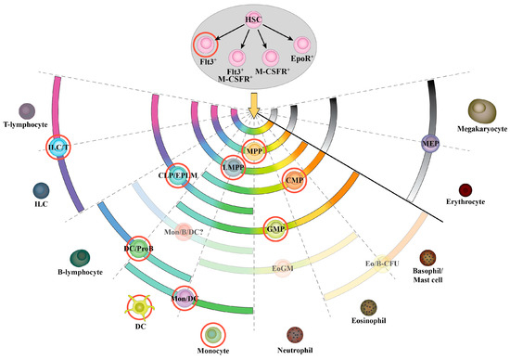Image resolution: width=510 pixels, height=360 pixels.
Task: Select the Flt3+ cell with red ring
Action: [x=204, y=43]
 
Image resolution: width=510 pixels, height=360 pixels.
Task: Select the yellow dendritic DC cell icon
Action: [x=140, y=305]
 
